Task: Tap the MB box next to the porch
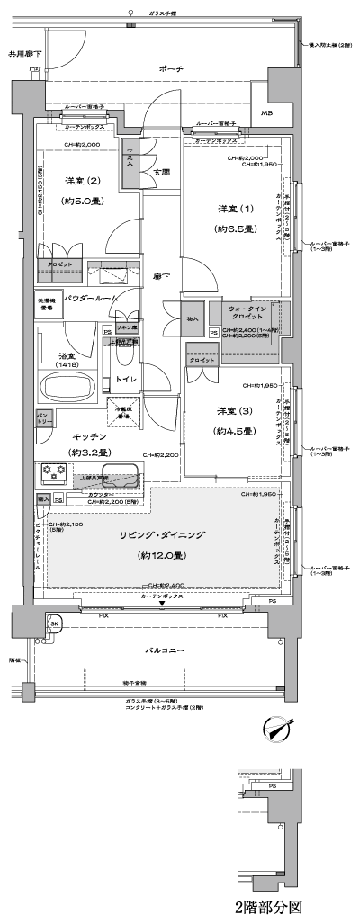click(x=268, y=113)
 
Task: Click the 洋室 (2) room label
click(x=81, y=181)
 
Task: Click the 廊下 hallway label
click(x=161, y=276)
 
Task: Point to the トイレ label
click(x=126, y=380)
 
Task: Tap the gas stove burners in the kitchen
click(x=51, y=473)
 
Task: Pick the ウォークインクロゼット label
click(x=245, y=311)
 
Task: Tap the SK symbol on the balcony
click(x=54, y=623)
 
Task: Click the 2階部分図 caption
click(x=267, y=907)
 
